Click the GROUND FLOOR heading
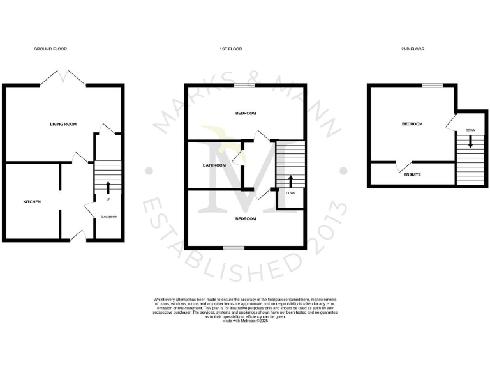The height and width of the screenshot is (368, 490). coord(50,49)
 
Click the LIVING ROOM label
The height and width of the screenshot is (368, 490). coord(63,124)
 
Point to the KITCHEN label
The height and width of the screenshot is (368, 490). coord(32,202)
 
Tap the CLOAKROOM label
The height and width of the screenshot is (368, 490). coord(108,217)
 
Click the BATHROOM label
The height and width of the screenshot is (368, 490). coord(214,165)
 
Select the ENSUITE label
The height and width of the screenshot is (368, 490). coord(412,174)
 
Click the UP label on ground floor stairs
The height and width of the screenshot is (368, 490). coord(108,199)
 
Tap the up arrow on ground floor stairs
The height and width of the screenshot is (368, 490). coord(108,187)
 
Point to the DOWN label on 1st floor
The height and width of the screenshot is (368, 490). coord(291,192)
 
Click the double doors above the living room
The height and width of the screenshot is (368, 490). coord(63,77)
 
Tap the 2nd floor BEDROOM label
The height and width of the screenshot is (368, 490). coord(412,124)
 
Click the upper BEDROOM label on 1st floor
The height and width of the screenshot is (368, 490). coord(246,114)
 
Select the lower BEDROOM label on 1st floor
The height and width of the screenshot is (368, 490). coord(246,218)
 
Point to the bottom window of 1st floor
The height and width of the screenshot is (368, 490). coord(234,247)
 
